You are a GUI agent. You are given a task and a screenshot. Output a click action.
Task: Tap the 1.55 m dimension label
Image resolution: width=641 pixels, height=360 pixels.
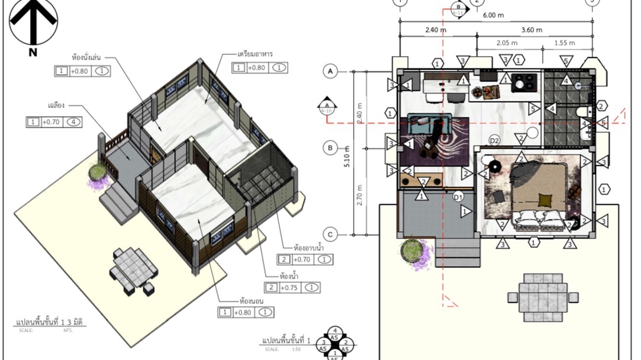pyautogui.click(x=565, y=43)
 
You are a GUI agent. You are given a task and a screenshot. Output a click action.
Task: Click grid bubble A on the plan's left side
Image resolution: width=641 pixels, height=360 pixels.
pyautogui.click(x=330, y=70)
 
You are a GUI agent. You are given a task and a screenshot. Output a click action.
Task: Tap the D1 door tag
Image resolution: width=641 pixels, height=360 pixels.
pyautogui.click(x=458, y=196)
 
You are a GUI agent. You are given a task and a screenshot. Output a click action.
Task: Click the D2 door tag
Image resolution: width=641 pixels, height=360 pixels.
pyautogui.click(x=495, y=141)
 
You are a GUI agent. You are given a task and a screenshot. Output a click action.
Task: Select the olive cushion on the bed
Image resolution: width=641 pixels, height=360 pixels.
pyautogui.click(x=546, y=198)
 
